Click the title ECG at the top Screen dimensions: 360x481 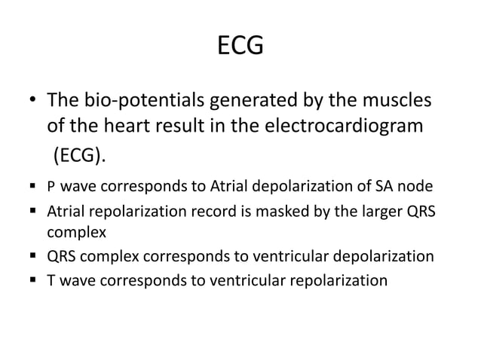[240, 47]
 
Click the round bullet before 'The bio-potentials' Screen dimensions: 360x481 [33, 101]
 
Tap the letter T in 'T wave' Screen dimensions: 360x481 [51, 281]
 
